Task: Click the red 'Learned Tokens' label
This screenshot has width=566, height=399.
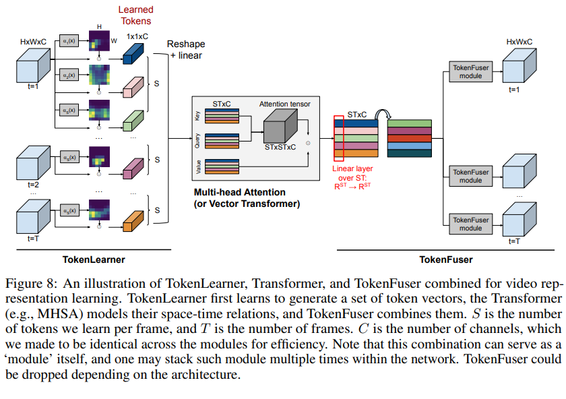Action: (x=135, y=15)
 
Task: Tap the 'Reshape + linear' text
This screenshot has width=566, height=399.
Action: (x=186, y=49)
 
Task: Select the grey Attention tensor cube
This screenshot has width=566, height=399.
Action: (x=280, y=126)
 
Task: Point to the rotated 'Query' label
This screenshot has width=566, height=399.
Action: (x=197, y=141)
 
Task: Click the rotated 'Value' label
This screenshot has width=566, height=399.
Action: (x=197, y=167)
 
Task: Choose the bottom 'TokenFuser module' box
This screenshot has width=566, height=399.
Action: (x=470, y=224)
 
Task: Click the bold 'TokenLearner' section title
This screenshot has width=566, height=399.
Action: (x=94, y=259)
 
